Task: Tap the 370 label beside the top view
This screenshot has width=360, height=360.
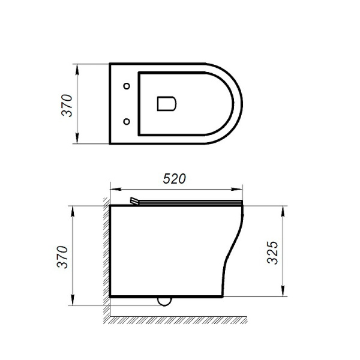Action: [68, 105]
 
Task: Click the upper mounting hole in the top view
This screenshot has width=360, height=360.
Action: [127, 85]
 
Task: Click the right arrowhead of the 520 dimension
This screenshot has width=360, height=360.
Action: [241, 187]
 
